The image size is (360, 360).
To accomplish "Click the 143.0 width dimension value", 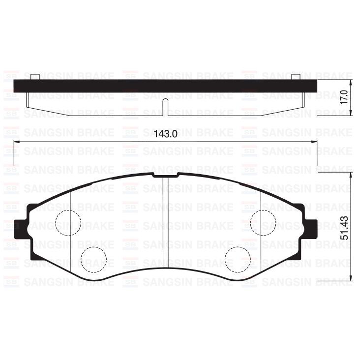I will [166, 134].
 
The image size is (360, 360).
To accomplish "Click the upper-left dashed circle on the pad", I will [67, 222].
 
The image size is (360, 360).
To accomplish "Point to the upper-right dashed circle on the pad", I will [263, 222].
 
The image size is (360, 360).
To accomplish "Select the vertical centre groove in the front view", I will [165, 221].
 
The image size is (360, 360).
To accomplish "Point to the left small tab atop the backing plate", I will [34, 77].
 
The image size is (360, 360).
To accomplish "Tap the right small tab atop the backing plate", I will [296, 77].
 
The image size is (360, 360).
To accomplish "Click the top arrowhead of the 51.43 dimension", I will [351, 175].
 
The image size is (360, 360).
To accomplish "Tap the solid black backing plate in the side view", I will [166, 86].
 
